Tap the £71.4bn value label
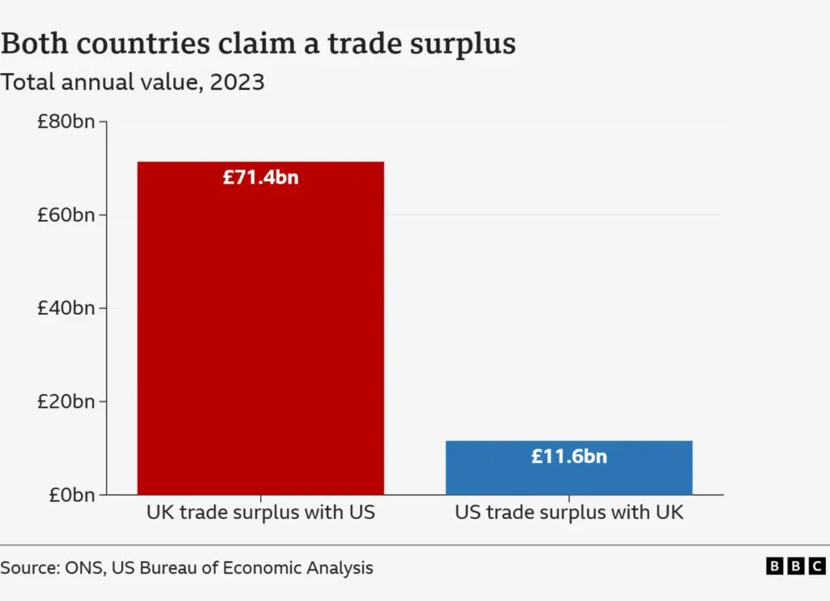coord(260,177)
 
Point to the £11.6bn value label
coord(569,457)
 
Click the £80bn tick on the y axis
coord(66,122)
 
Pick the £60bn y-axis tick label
coord(66,215)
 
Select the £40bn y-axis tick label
coord(66,308)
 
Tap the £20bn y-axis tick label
coord(66,401)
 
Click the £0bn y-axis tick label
coord(71,495)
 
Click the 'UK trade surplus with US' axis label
coord(260,513)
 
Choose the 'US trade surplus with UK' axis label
coord(569,513)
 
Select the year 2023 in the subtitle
coord(237,82)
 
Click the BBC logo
coord(795,567)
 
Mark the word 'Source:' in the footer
coord(28,568)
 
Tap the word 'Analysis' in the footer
coord(342,569)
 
